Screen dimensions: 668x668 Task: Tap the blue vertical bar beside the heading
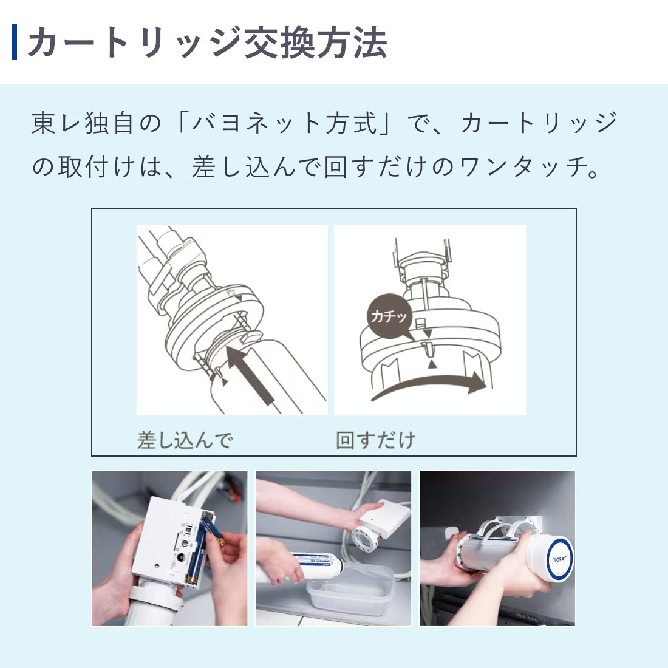(15, 42)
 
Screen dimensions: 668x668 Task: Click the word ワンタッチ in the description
(522, 166)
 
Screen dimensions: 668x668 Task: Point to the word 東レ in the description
(58, 123)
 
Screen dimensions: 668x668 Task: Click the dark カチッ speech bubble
(389, 316)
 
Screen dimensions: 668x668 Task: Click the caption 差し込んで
(185, 440)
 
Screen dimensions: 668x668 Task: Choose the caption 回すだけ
(376, 440)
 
